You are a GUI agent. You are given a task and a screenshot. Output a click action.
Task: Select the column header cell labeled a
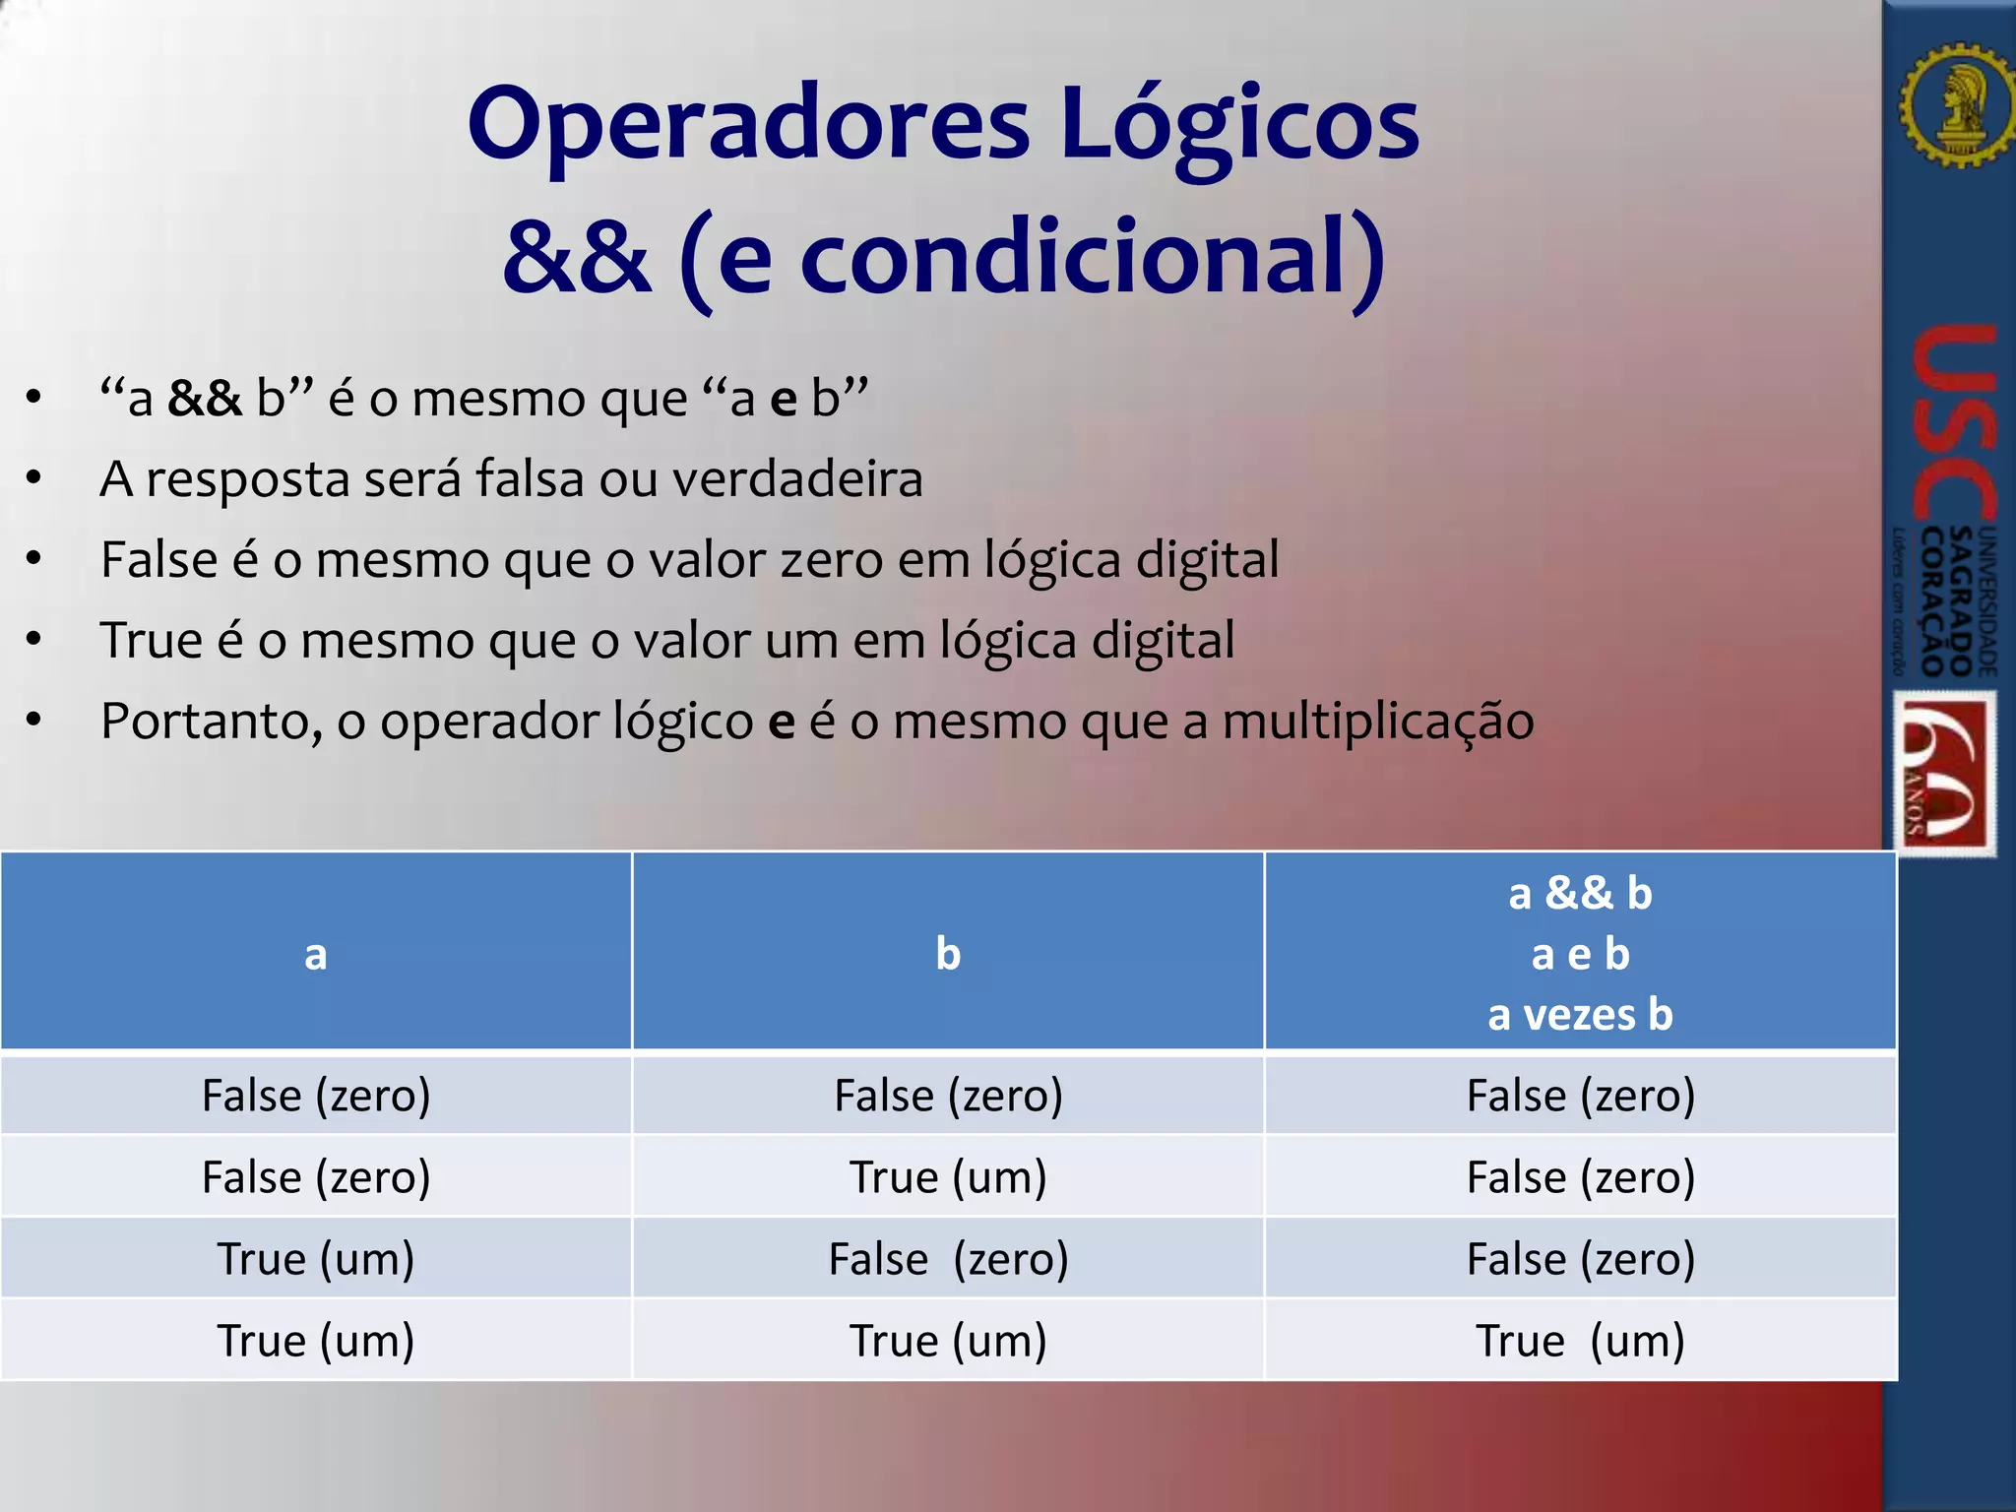coord(315,953)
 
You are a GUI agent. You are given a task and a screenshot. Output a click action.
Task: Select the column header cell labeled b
coord(947,953)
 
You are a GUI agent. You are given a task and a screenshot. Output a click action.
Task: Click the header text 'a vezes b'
coord(1580,1014)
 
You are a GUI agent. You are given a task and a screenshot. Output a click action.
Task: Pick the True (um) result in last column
coord(1580,1341)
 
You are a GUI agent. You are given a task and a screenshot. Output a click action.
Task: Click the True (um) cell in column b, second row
coord(947,1177)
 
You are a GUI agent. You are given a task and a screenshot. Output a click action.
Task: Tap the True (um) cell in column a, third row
coord(315,1259)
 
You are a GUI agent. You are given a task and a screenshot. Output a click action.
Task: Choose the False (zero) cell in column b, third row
coord(947,1259)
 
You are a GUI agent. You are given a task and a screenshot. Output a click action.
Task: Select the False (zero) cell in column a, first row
coord(315,1096)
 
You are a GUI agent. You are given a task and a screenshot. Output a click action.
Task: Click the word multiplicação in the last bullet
coord(1377,722)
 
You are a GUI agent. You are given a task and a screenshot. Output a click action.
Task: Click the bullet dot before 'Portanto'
coord(34,722)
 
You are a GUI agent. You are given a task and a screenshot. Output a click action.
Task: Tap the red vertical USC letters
coord(1953,423)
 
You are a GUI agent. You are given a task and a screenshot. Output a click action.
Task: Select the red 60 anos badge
coord(1945,774)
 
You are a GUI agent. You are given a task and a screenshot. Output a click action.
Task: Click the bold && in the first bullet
coord(204,399)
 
